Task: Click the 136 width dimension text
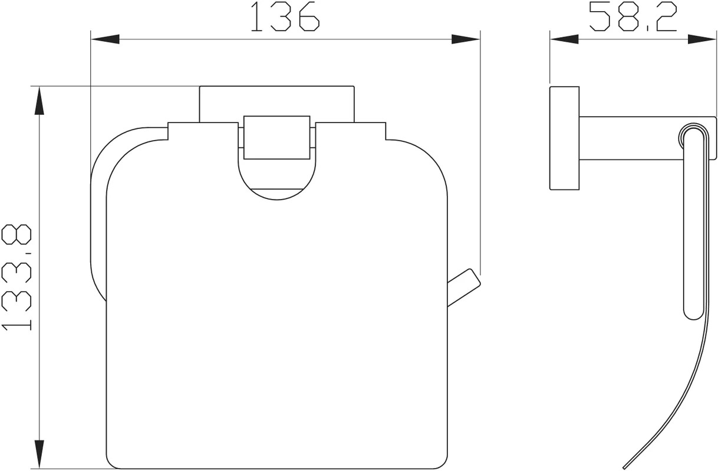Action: (285, 16)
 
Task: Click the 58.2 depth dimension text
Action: (633, 16)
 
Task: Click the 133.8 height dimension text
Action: (17, 277)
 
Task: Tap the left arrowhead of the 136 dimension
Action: (105, 39)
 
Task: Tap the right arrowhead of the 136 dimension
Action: (466, 39)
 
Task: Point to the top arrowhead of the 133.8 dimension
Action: (39, 101)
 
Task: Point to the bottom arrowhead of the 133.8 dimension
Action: (39, 455)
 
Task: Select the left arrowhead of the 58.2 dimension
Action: (565, 39)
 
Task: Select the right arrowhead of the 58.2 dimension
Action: (702, 39)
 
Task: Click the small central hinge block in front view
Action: (277, 137)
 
